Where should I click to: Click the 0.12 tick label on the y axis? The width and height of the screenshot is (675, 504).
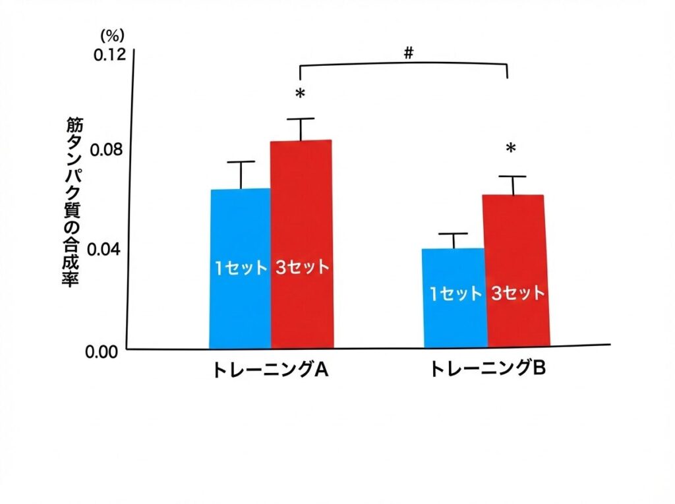click(109, 55)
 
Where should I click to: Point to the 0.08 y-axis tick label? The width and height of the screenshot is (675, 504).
click(109, 150)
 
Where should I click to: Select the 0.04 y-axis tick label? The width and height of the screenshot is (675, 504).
click(109, 250)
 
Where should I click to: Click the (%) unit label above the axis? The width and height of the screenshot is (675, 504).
click(111, 35)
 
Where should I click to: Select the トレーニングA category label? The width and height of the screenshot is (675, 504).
click(270, 370)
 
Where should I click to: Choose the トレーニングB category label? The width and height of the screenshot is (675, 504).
click(487, 370)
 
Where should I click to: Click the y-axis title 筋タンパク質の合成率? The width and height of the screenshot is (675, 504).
click(73, 202)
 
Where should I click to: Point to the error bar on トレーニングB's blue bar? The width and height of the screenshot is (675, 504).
click(455, 240)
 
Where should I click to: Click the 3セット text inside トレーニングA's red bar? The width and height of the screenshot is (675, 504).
click(301, 268)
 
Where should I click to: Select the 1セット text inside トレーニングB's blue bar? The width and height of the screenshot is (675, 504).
click(455, 293)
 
